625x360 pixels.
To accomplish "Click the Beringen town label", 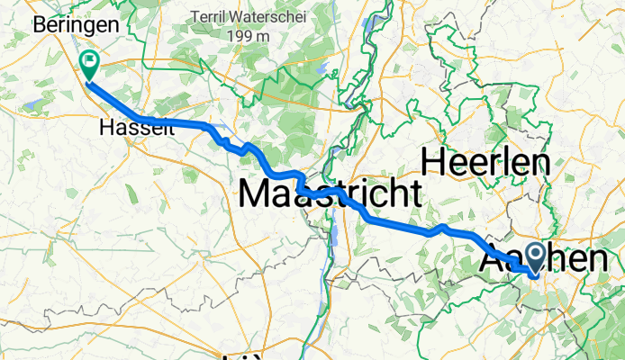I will tap(76, 26).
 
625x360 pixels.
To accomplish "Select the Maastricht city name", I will tap(330, 192).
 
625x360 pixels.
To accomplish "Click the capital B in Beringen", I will tap(40, 26).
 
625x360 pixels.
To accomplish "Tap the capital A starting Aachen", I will tap(494, 259).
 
